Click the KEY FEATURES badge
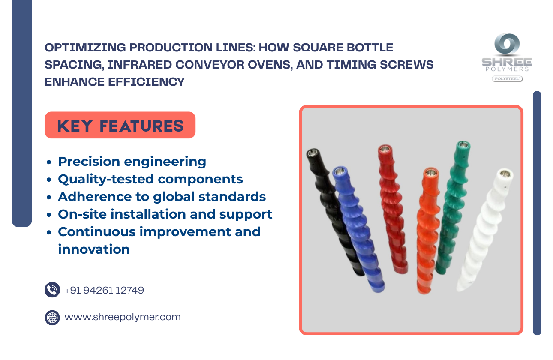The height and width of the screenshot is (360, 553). pyautogui.click(x=120, y=125)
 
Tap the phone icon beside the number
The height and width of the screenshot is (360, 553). pyautogui.click(x=52, y=290)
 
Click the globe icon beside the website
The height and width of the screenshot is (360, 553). pyautogui.click(x=52, y=318)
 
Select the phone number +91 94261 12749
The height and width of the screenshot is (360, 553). pyautogui.click(x=104, y=290)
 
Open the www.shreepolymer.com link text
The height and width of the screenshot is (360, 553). pyautogui.click(x=123, y=317)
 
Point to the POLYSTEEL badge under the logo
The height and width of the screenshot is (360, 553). pyautogui.click(x=507, y=79)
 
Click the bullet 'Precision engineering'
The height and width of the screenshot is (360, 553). pyautogui.click(x=132, y=162)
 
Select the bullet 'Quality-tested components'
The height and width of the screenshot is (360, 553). pyautogui.click(x=150, y=179)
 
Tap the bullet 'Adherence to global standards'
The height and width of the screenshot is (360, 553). pyautogui.click(x=162, y=197)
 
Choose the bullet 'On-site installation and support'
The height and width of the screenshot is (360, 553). pyautogui.click(x=165, y=214)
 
